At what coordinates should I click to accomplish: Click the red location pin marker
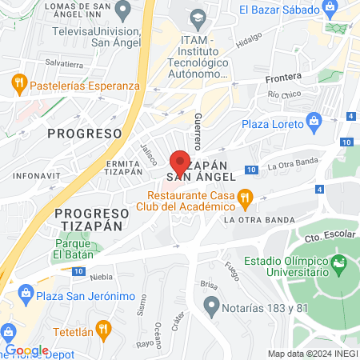[181, 160]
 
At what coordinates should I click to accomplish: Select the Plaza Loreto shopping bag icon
[314, 123]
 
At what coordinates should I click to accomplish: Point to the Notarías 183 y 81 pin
[212, 305]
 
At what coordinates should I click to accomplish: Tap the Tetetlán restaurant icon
[102, 328]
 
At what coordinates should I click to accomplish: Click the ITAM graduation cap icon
[197, 16]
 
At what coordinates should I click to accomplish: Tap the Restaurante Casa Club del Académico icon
[246, 195]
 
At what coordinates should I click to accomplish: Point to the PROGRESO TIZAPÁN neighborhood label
[91, 219]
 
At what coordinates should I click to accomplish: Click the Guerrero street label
[198, 130]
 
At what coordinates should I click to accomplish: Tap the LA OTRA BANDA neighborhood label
[258, 219]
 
